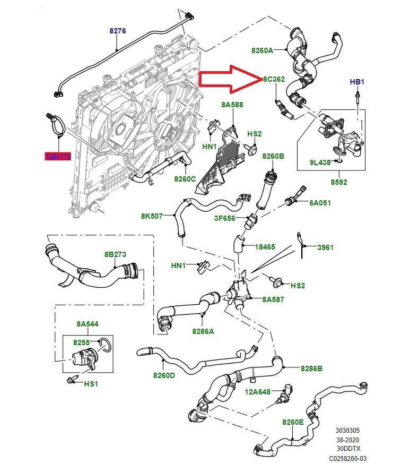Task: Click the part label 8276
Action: tap(118, 31)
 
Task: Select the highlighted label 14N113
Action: tap(57, 157)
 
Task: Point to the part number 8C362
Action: tap(274, 79)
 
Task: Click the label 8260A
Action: tap(262, 50)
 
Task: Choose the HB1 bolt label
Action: tap(357, 82)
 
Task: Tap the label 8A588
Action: tap(232, 105)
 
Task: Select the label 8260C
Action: tap(185, 179)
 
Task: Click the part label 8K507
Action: tap(152, 216)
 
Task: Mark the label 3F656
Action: tap(225, 218)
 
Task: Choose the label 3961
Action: tap(325, 247)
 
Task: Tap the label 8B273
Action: tap(115, 254)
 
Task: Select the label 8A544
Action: tap(87, 323)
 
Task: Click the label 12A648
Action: tap(258, 392)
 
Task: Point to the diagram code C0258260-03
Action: tap(347, 458)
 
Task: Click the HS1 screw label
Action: tap(91, 383)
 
